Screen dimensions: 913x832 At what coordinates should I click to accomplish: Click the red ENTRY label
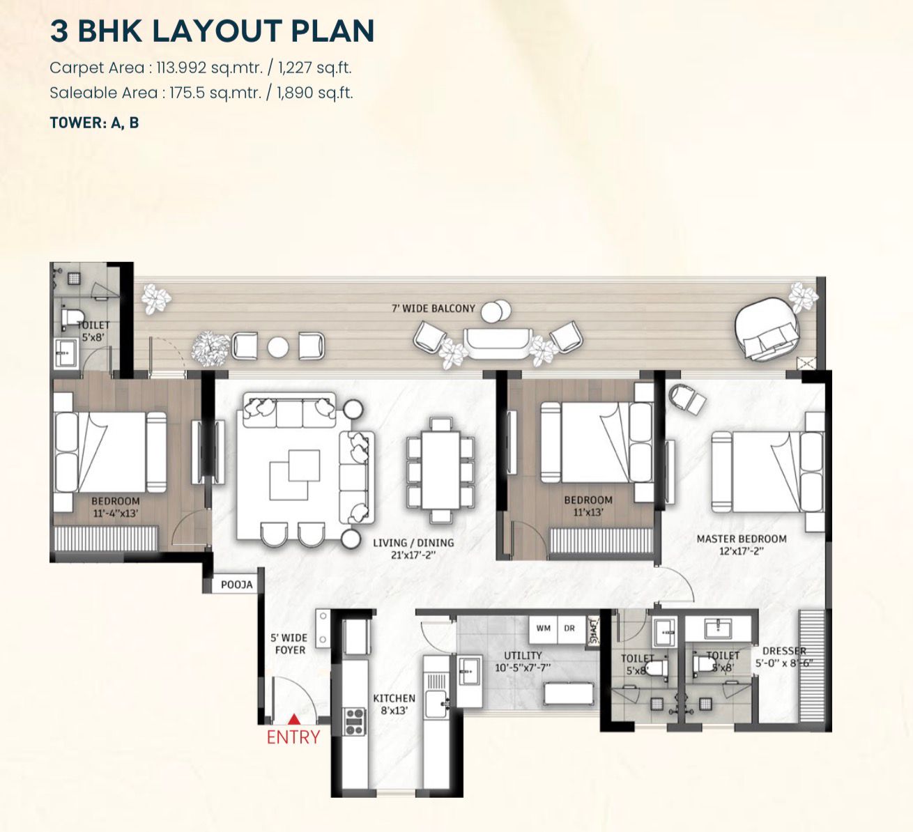tap(293, 737)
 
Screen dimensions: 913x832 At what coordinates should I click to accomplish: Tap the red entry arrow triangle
tap(294, 720)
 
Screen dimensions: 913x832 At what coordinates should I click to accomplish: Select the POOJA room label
tap(237, 585)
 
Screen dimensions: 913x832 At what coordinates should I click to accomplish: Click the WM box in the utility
tap(544, 628)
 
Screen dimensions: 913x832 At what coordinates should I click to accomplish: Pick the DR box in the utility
tap(569, 628)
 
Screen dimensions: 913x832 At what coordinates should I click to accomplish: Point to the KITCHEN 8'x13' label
tap(394, 704)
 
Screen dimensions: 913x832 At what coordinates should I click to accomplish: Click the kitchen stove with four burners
tap(355, 722)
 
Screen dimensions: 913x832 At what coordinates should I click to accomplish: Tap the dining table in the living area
tap(440, 470)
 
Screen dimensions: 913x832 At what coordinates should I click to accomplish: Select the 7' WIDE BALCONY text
tap(434, 309)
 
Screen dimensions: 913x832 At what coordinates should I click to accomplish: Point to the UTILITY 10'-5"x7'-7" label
tap(523, 661)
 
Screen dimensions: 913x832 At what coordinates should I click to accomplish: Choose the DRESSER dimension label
tap(784, 657)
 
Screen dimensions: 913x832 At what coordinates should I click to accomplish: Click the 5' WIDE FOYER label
tap(289, 644)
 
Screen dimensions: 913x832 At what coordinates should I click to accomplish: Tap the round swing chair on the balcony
tap(767, 330)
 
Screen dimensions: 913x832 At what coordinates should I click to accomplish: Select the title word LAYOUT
tap(214, 31)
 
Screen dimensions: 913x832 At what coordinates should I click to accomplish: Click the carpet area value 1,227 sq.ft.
tap(315, 68)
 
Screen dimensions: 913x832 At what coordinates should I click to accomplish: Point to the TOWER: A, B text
tap(94, 123)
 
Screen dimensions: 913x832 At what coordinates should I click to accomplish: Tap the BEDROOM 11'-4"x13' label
tap(115, 507)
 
